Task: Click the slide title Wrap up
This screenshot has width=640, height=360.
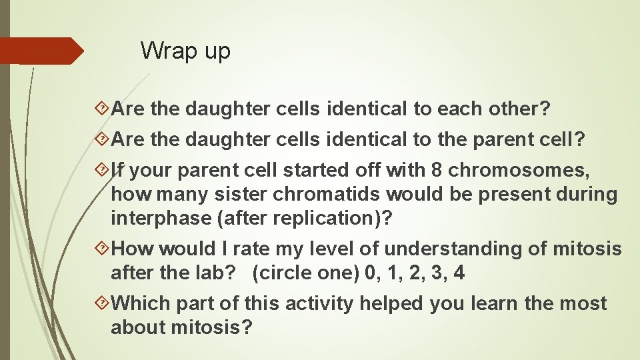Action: [x=185, y=51]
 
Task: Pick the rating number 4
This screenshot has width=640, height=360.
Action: [x=459, y=273]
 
